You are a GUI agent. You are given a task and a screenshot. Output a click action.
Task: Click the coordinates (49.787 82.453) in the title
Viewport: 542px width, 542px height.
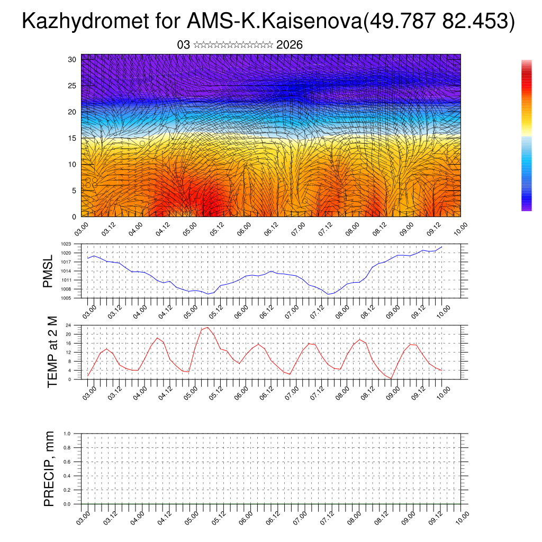[440, 22]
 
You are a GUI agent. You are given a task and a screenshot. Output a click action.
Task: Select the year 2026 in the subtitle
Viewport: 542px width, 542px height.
[290, 45]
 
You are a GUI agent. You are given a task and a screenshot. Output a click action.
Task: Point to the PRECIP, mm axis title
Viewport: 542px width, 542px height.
[49, 468]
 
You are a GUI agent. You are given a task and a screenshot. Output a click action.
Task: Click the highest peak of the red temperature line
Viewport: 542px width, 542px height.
[207, 327]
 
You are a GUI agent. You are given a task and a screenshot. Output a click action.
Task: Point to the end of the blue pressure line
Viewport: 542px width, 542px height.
[442, 247]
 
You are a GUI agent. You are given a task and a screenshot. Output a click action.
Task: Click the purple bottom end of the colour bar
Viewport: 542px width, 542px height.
[526, 208]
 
